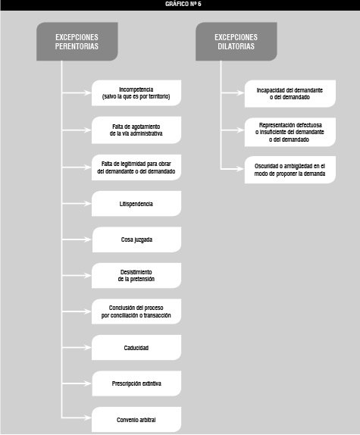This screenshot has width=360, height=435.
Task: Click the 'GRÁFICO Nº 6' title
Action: tap(183, 4)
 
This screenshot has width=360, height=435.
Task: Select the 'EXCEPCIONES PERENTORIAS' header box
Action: tap(77, 42)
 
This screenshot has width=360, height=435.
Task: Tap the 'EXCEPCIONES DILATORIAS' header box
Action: tap(236, 42)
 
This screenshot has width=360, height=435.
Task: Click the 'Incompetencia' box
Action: tap(136, 93)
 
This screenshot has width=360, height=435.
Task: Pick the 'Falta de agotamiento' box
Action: tap(136, 130)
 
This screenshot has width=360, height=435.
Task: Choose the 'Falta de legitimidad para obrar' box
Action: tap(136, 167)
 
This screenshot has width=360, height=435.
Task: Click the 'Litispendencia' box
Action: tap(136, 204)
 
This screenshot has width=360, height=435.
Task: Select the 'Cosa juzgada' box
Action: tap(136, 239)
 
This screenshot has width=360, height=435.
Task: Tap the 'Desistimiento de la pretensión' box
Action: tap(136, 276)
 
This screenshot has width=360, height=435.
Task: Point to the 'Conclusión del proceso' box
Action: tap(136, 311)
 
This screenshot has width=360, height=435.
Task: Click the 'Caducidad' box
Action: tap(136, 348)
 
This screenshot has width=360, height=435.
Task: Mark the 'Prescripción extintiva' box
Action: tap(136, 383)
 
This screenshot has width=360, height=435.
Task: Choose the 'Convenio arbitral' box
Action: tap(136, 420)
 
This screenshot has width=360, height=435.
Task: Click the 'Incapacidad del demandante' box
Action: tap(290, 94)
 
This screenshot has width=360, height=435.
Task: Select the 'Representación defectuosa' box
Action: tap(290, 132)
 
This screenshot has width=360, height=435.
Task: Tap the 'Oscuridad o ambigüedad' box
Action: tap(290, 170)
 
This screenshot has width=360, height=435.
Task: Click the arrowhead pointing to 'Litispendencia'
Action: tap(88, 204)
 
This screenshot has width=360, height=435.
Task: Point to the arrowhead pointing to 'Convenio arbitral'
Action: tap(88, 418)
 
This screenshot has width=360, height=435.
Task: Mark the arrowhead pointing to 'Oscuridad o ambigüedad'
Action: tap(240, 168)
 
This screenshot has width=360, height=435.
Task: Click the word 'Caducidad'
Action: tap(136, 348)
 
